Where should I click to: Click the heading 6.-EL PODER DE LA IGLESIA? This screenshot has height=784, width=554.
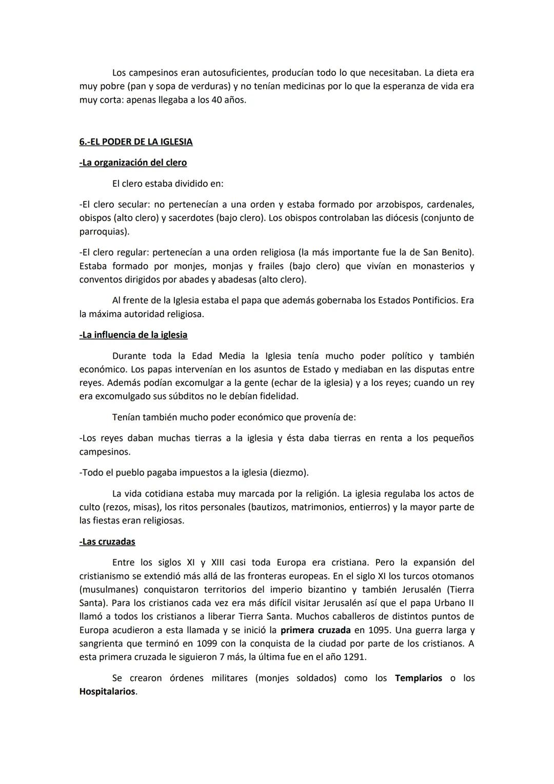136,142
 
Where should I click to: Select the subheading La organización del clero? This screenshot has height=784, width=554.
133,163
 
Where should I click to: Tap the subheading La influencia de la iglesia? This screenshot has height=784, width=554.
133,335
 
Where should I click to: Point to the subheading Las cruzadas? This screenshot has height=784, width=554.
107,542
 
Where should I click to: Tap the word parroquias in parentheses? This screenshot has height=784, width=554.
103,231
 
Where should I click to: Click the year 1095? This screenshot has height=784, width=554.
379,630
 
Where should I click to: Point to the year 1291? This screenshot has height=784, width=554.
353,657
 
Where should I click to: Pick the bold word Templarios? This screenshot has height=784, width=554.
418,678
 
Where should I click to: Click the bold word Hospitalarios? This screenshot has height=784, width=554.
107,692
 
